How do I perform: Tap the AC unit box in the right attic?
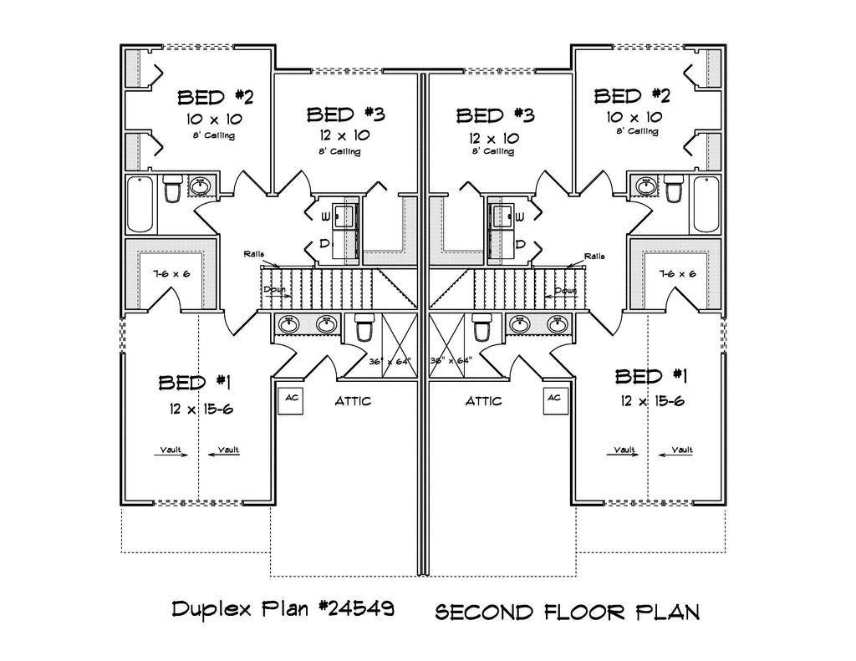(553, 399)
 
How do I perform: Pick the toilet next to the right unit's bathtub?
(674, 190)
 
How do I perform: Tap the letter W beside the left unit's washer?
(322, 216)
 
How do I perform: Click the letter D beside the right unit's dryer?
(519, 244)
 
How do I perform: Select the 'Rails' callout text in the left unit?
(256, 253)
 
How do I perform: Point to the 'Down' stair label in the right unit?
(567, 291)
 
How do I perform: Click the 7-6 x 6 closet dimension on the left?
(172, 274)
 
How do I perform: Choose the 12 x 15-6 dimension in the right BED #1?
(652, 401)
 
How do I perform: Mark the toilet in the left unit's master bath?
(364, 330)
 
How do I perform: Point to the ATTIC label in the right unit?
(483, 401)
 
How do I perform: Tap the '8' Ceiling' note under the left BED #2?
(213, 135)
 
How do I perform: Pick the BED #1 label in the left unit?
(194, 383)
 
